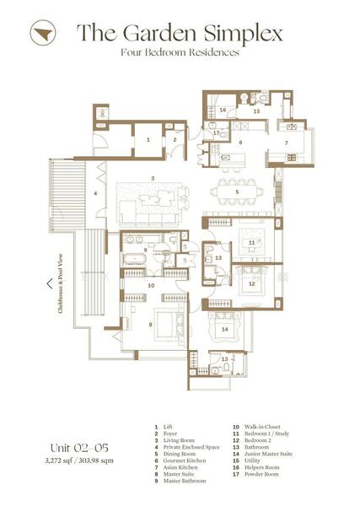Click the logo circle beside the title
point(40,35)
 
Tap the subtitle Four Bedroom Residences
point(180,52)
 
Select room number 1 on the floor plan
point(147,139)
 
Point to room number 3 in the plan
point(152,178)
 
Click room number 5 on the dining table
point(238,193)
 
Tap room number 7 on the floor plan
point(285,143)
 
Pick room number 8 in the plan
point(151,323)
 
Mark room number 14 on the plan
point(224,328)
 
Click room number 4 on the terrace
point(95,193)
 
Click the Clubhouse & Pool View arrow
point(49,284)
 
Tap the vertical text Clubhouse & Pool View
point(61,284)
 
